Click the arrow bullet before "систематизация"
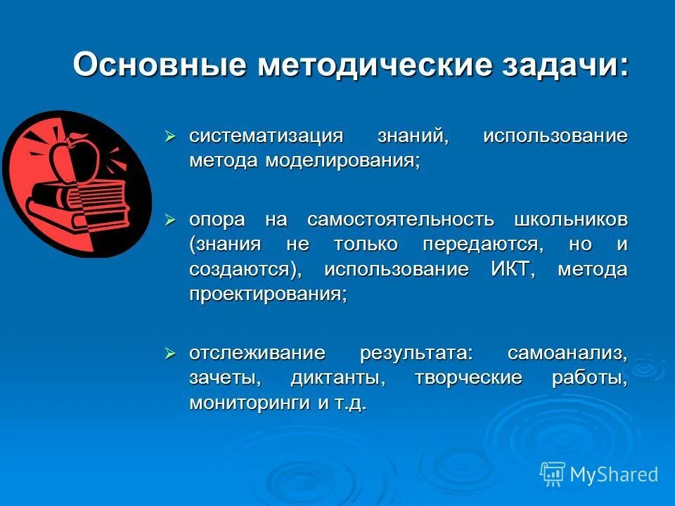pos(169,135)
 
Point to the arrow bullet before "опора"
pos(169,220)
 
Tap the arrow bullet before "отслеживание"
pos(169,353)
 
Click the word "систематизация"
pos(266,136)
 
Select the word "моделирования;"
pos(342,160)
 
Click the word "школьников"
pos(571,220)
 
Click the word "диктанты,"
pos(338,378)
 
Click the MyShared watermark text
pos(614,474)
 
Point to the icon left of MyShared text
pos(553,474)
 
